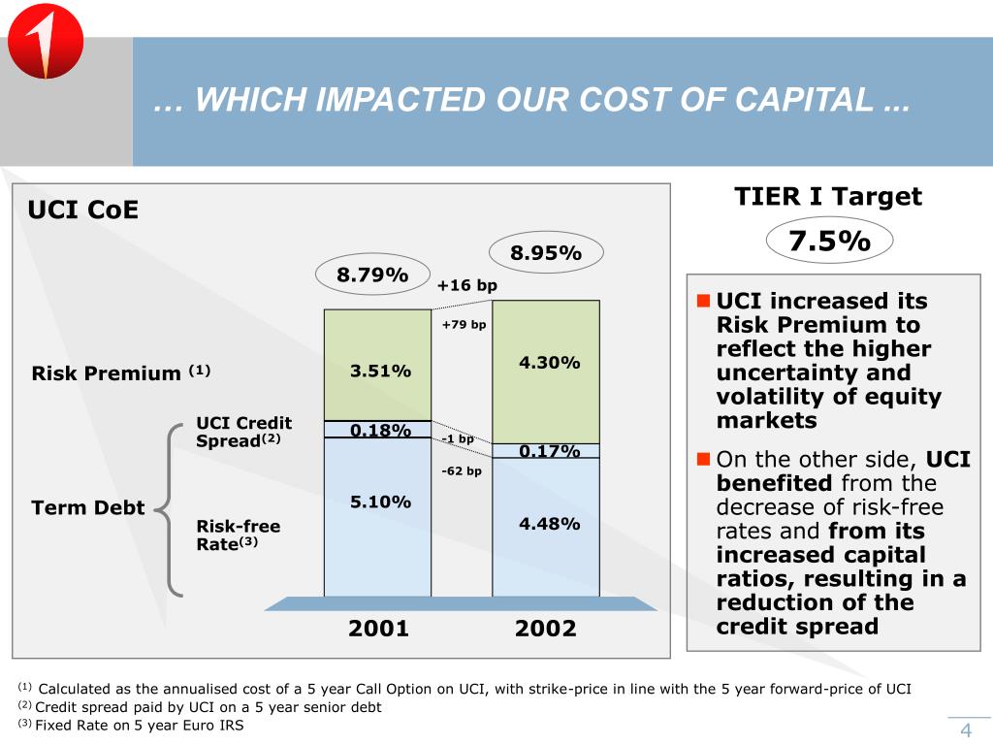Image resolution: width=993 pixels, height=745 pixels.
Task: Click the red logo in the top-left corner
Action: coord(45,48)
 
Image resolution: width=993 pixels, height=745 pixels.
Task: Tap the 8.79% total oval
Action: coord(372,275)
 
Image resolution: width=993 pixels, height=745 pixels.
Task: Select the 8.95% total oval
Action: coord(546,253)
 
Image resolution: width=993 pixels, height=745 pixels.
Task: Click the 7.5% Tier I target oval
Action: coord(828,242)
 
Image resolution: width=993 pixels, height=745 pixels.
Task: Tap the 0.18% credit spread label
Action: coord(380,430)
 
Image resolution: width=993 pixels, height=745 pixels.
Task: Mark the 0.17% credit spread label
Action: coord(549,450)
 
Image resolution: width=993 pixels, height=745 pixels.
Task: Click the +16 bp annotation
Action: coord(466,286)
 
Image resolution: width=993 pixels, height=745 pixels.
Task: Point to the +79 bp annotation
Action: coord(464,325)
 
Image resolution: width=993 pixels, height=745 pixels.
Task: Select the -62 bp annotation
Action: coord(461,471)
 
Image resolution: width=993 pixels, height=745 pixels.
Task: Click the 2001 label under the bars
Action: coord(379,629)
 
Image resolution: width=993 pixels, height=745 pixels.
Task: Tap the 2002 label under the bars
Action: coord(546,629)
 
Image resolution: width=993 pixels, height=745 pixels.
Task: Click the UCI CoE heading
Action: coord(82,211)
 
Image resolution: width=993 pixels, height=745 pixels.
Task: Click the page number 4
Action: coord(966,730)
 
